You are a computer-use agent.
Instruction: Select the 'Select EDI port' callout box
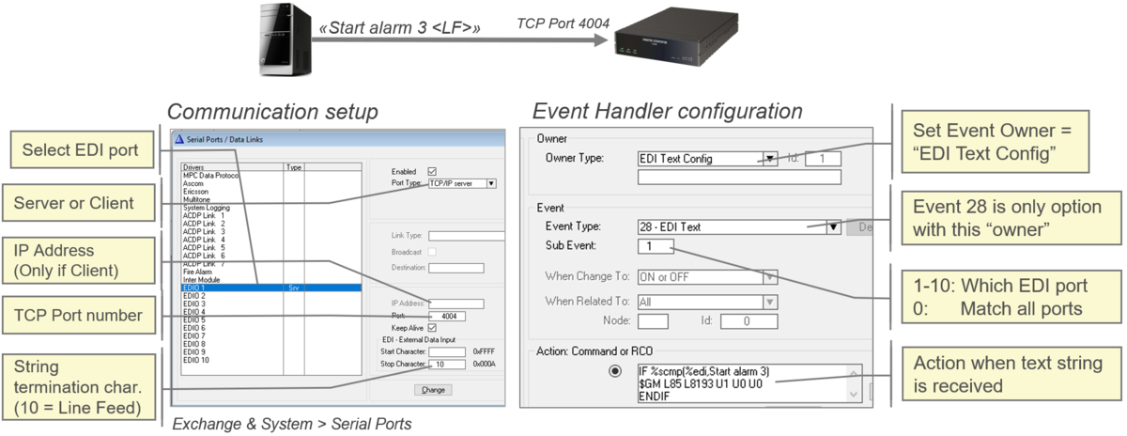(81, 150)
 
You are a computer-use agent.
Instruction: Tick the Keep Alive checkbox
(432, 328)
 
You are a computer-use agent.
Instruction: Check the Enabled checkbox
(432, 171)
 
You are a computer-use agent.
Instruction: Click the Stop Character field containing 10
(445, 364)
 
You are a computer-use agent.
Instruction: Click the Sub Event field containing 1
(654, 246)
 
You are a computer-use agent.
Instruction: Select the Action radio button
(616, 371)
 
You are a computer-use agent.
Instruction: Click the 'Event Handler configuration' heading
(667, 111)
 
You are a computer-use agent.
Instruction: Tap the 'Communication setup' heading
(272, 112)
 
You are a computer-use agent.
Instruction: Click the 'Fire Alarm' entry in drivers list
(199, 272)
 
